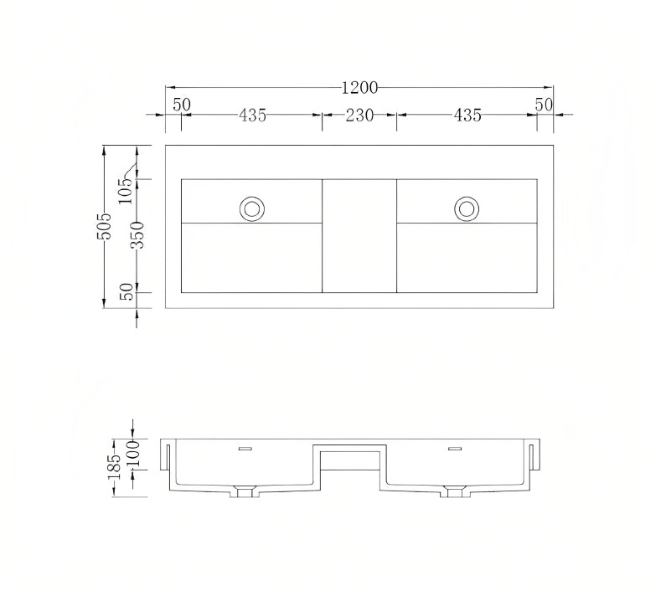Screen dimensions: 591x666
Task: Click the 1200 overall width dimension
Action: tap(359, 87)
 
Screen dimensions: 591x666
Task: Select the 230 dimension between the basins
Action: tap(359, 116)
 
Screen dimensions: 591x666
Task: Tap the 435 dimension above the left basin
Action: tap(252, 116)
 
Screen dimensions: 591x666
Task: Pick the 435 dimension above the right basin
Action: tap(467, 116)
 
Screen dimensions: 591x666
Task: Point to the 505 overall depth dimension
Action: tap(105, 227)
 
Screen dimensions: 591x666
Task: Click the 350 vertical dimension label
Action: tap(138, 235)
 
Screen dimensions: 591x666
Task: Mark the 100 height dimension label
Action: tap(132, 454)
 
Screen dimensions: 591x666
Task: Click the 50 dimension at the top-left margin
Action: tap(182, 105)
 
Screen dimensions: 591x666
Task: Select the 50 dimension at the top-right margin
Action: tap(545, 105)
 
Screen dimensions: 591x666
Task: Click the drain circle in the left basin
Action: tap(251, 208)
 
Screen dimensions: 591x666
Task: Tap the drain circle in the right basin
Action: tap(467, 208)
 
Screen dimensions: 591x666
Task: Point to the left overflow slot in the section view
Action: tap(245, 450)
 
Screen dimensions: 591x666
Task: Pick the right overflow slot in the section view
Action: tap(455, 450)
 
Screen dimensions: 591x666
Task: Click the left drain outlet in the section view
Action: tap(245, 491)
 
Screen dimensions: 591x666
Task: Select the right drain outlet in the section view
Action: tap(455, 491)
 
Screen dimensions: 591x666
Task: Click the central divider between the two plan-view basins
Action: tap(359, 235)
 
